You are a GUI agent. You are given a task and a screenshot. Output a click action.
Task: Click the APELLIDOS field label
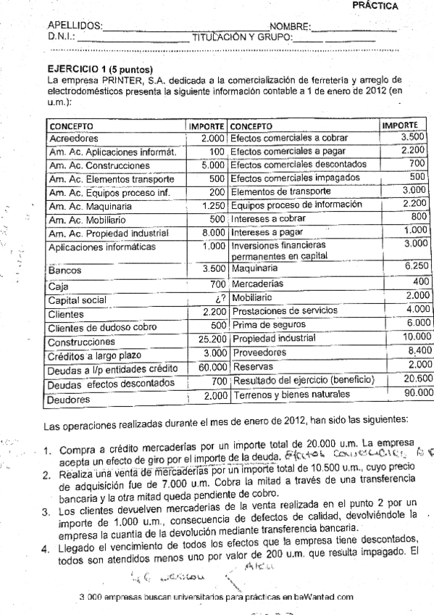coord(75,27)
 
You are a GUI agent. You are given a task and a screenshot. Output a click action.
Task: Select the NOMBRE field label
coord(290,27)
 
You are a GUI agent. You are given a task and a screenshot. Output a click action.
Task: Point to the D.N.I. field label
coord(61,36)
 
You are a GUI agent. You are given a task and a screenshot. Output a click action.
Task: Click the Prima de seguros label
coord(264,325)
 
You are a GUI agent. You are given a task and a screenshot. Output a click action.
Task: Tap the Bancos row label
coord(64,271)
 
